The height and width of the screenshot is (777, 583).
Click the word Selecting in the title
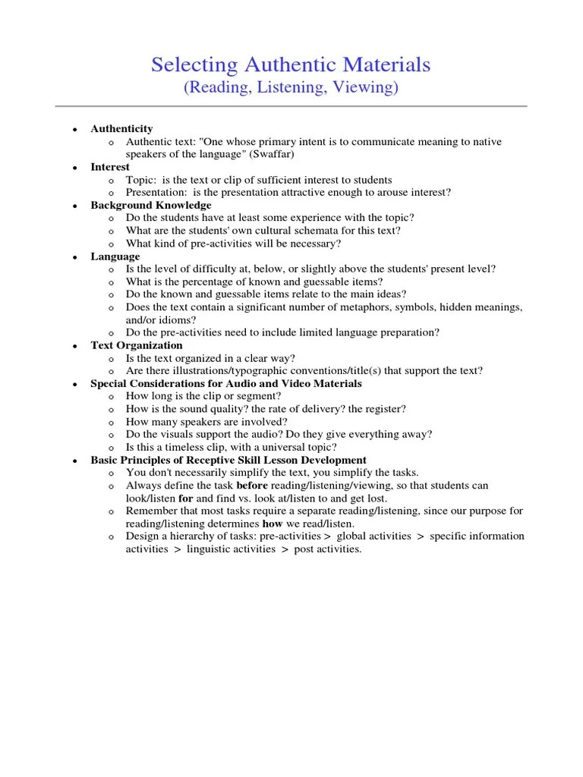pyautogui.click(x=192, y=65)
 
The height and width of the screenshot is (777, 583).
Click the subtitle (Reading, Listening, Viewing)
pyautogui.click(x=291, y=88)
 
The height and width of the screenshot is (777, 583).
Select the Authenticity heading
pyautogui.click(x=121, y=129)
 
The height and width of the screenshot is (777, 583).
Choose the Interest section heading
pyautogui.click(x=110, y=167)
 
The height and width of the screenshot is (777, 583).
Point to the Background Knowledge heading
pyautogui.click(x=151, y=205)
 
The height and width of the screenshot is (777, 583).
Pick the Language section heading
pyautogui.click(x=115, y=256)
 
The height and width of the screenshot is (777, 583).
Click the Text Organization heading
pyautogui.click(x=137, y=345)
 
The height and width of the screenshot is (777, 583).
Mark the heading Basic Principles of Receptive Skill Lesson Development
pyautogui.click(x=228, y=460)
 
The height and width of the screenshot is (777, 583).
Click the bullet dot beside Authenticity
pyautogui.click(x=74, y=130)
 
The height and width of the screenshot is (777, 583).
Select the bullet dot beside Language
pyautogui.click(x=74, y=257)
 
